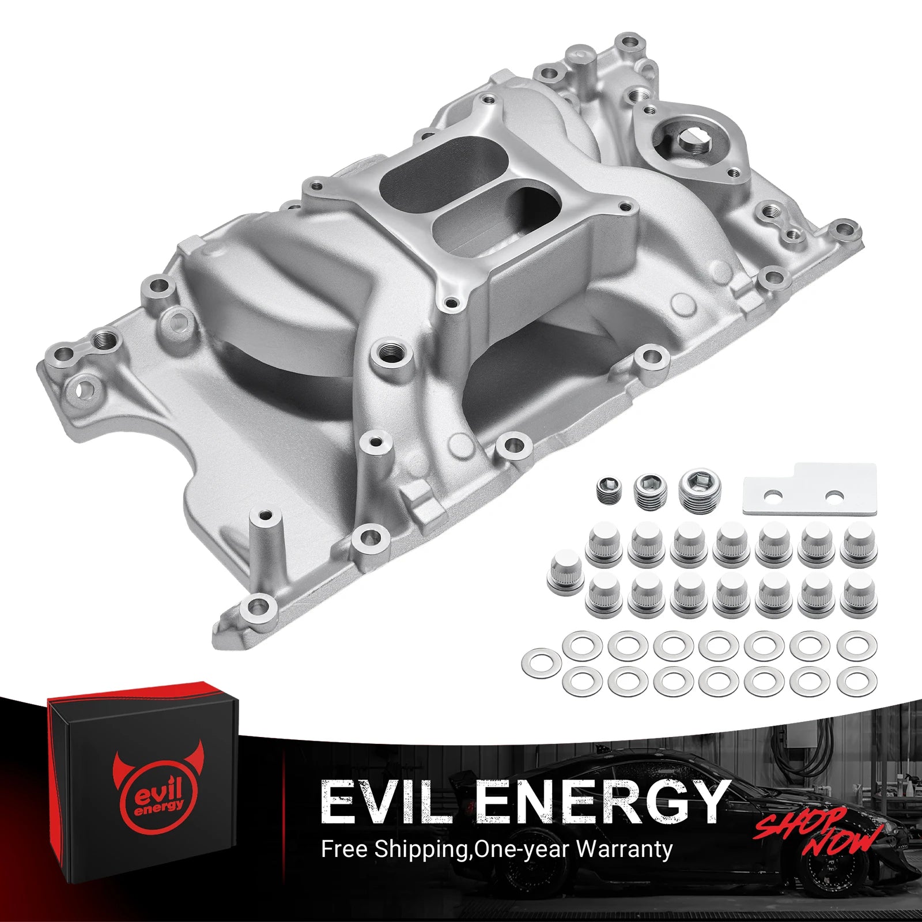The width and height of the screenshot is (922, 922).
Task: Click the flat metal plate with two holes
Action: pyautogui.click(x=809, y=489)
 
